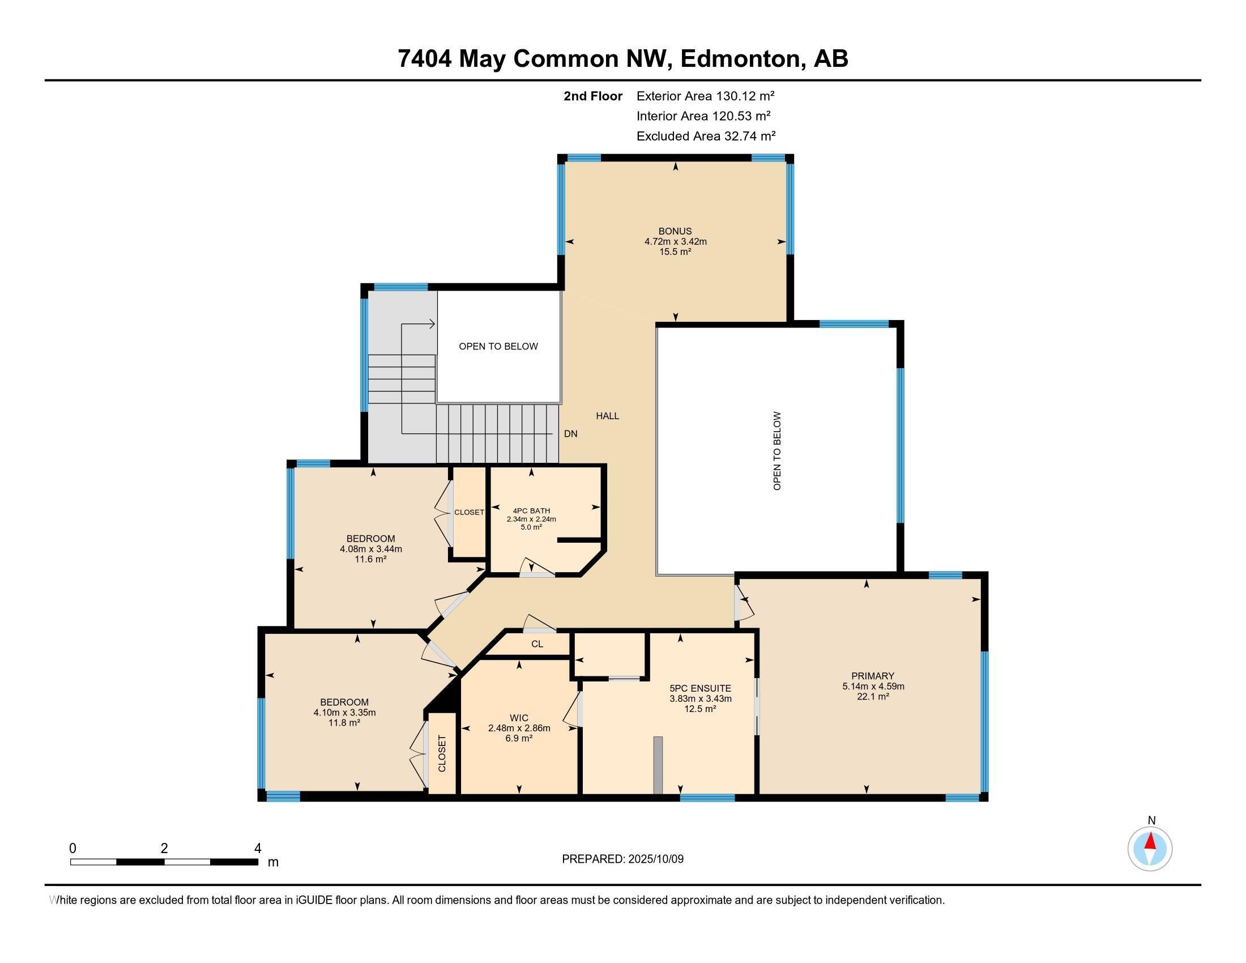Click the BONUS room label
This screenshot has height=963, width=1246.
click(x=675, y=231)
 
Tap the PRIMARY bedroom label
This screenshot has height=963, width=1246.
click(x=872, y=676)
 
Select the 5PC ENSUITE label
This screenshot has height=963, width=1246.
click(x=700, y=689)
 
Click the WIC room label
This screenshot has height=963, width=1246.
click(x=519, y=718)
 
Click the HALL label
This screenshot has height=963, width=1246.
click(x=607, y=416)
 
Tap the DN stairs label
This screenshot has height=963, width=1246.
click(x=570, y=433)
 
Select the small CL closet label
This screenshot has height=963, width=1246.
click(x=537, y=644)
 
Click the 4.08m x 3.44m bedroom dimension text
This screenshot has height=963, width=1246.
click(x=371, y=549)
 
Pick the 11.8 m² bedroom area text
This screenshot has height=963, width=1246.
click(x=344, y=723)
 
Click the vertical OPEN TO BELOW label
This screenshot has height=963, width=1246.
click(x=776, y=451)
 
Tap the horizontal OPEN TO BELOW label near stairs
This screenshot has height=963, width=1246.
click(x=498, y=346)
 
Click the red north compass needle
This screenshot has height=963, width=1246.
click(x=1150, y=841)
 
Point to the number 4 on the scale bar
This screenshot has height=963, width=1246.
click(x=258, y=849)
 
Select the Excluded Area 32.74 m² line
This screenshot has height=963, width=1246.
click(x=706, y=136)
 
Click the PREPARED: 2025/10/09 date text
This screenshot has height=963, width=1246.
click(x=622, y=859)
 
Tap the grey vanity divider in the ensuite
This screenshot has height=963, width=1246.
click(x=658, y=765)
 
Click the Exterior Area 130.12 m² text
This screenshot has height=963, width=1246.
click(x=705, y=96)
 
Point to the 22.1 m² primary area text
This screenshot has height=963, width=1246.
click(x=873, y=697)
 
